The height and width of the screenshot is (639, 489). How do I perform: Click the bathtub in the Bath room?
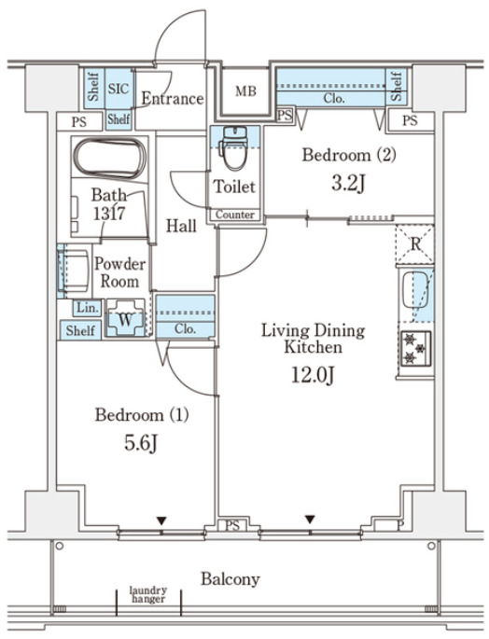click(110, 158)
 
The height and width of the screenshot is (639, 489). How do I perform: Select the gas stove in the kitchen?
click(415, 348)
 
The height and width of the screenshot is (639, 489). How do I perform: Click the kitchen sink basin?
click(415, 290)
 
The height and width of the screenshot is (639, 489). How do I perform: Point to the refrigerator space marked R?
click(415, 244)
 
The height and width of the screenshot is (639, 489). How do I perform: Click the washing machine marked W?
click(125, 318)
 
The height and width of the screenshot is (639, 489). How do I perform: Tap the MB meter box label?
click(245, 91)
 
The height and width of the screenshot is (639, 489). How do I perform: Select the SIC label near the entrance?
click(119, 89)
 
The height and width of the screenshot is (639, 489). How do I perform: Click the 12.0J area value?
click(313, 375)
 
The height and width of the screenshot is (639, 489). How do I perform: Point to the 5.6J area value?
click(141, 443)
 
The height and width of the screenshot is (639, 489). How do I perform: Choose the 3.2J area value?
click(347, 184)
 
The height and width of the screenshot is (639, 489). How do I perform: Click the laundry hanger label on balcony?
click(148, 594)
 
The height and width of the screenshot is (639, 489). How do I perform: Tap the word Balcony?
click(230, 579)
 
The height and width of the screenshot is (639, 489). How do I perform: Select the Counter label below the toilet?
click(235, 215)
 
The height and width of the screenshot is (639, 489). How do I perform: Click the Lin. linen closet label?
click(88, 307)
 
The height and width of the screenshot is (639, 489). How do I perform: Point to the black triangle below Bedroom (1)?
click(162, 521)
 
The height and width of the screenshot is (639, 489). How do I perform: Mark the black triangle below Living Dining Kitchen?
click(310, 520)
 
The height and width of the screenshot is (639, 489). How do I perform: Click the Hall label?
click(181, 226)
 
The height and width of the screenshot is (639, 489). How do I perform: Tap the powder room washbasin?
click(74, 271)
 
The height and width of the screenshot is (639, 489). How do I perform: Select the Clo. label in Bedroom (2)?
click(334, 98)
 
